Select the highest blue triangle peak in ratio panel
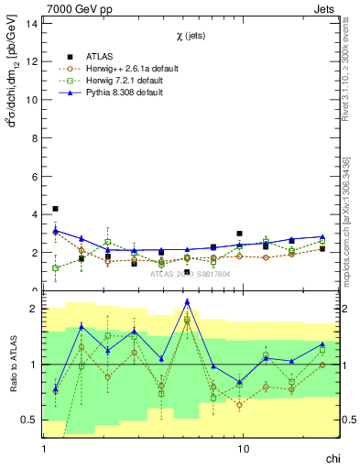187,301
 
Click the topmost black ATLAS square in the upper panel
55,209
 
